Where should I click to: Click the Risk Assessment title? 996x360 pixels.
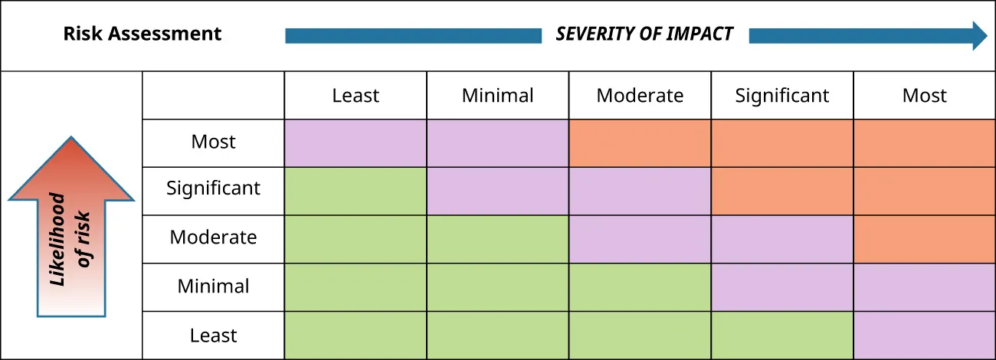(142, 34)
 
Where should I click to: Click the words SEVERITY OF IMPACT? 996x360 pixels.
(644, 34)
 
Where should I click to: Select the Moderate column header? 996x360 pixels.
(640, 96)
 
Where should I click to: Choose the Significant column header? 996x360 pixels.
(782, 96)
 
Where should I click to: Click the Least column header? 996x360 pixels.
(355, 96)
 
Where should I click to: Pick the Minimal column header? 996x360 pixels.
(497, 96)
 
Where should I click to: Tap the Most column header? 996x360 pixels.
(924, 96)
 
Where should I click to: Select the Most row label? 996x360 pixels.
(213, 142)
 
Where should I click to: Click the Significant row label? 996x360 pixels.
(213, 188)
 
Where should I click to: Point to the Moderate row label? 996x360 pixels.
(213, 237)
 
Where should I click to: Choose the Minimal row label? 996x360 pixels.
(213, 286)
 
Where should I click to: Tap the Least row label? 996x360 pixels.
(213, 335)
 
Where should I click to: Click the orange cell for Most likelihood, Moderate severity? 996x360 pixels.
(640, 142)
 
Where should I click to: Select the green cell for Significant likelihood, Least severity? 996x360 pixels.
(355, 191)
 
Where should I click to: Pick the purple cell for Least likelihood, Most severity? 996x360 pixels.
(924, 335)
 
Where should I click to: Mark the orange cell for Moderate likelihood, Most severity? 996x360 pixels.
(924, 239)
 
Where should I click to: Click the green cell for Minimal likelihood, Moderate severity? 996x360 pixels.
(640, 287)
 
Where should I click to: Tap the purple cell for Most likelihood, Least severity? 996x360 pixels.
(355, 142)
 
